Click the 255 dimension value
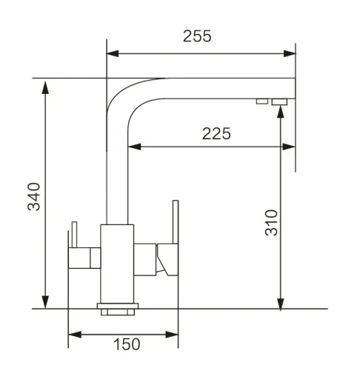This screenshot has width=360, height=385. pyautogui.click(x=197, y=36)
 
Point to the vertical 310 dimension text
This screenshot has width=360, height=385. pyautogui.click(x=272, y=222)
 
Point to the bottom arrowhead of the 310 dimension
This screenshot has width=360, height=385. pyautogui.click(x=280, y=303)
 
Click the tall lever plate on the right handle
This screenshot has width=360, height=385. pyautogui.click(x=175, y=237)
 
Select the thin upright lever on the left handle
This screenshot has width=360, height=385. pyautogui.click(x=73, y=235)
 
